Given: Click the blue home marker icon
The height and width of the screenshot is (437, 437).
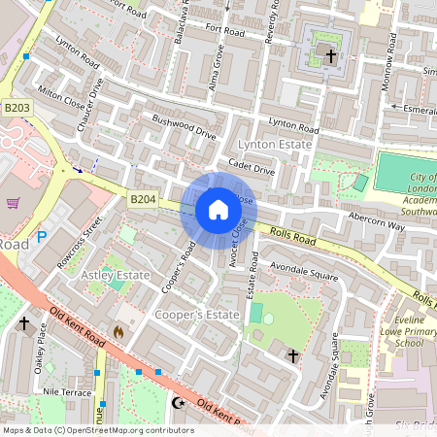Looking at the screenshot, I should pos(218,210).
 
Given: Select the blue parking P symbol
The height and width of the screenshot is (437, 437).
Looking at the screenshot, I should pos(42,235).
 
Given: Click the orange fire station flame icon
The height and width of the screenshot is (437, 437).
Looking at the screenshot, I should pos(118,331).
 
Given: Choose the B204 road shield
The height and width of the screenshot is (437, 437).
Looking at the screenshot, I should pos(143,199).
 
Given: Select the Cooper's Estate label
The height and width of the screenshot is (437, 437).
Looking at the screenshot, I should pos(197,316).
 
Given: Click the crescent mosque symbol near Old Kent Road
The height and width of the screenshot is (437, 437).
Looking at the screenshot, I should pos(177,401).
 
